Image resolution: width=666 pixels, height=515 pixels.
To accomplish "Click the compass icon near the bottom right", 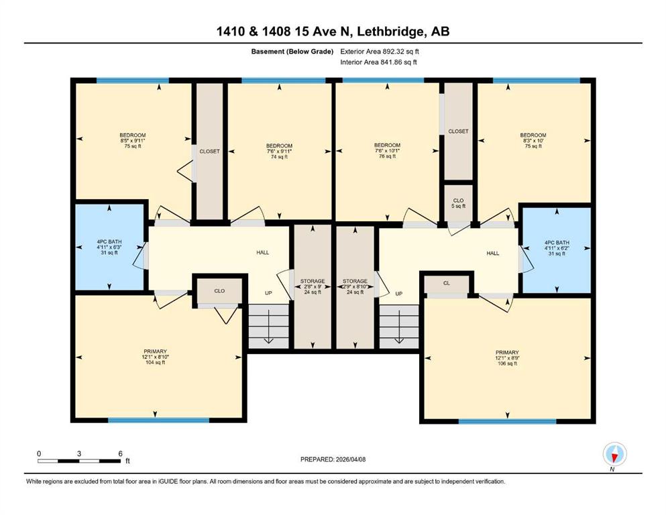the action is click(x=614, y=454).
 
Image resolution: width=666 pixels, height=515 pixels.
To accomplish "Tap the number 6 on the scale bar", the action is click(x=121, y=453).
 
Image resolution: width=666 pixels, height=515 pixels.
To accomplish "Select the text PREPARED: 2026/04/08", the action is click(x=333, y=459).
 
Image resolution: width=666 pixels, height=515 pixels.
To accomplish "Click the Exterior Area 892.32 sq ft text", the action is click(x=380, y=52).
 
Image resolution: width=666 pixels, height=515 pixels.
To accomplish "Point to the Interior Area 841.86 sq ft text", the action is click(x=378, y=62).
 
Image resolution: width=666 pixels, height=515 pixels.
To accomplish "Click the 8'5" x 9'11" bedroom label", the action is click(x=133, y=141).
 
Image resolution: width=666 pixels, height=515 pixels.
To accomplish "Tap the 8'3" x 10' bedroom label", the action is click(x=533, y=141).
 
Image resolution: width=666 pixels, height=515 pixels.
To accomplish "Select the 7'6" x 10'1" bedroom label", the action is click(x=387, y=151).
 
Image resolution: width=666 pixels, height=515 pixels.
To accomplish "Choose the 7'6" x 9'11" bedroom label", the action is click(x=279, y=151).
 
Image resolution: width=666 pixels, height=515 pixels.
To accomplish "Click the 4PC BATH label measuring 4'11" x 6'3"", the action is click(x=109, y=247).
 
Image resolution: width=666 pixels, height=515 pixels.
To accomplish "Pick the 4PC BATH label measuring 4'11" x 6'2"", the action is click(x=557, y=248).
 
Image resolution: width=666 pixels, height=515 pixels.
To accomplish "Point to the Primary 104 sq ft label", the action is click(x=155, y=357).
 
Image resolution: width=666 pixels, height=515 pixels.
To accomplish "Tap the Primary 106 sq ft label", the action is click(x=507, y=358).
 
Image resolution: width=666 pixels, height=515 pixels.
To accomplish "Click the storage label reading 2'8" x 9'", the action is click(x=313, y=286).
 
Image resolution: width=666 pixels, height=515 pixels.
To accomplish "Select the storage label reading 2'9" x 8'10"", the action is click(x=355, y=286).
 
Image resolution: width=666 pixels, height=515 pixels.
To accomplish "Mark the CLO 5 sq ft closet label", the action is click(x=458, y=203).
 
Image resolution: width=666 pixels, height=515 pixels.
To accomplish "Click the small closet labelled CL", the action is click(x=447, y=283).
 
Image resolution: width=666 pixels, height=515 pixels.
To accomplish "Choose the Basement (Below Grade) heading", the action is click(x=292, y=52).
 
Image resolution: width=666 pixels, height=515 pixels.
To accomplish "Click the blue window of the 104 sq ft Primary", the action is click(x=158, y=420).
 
